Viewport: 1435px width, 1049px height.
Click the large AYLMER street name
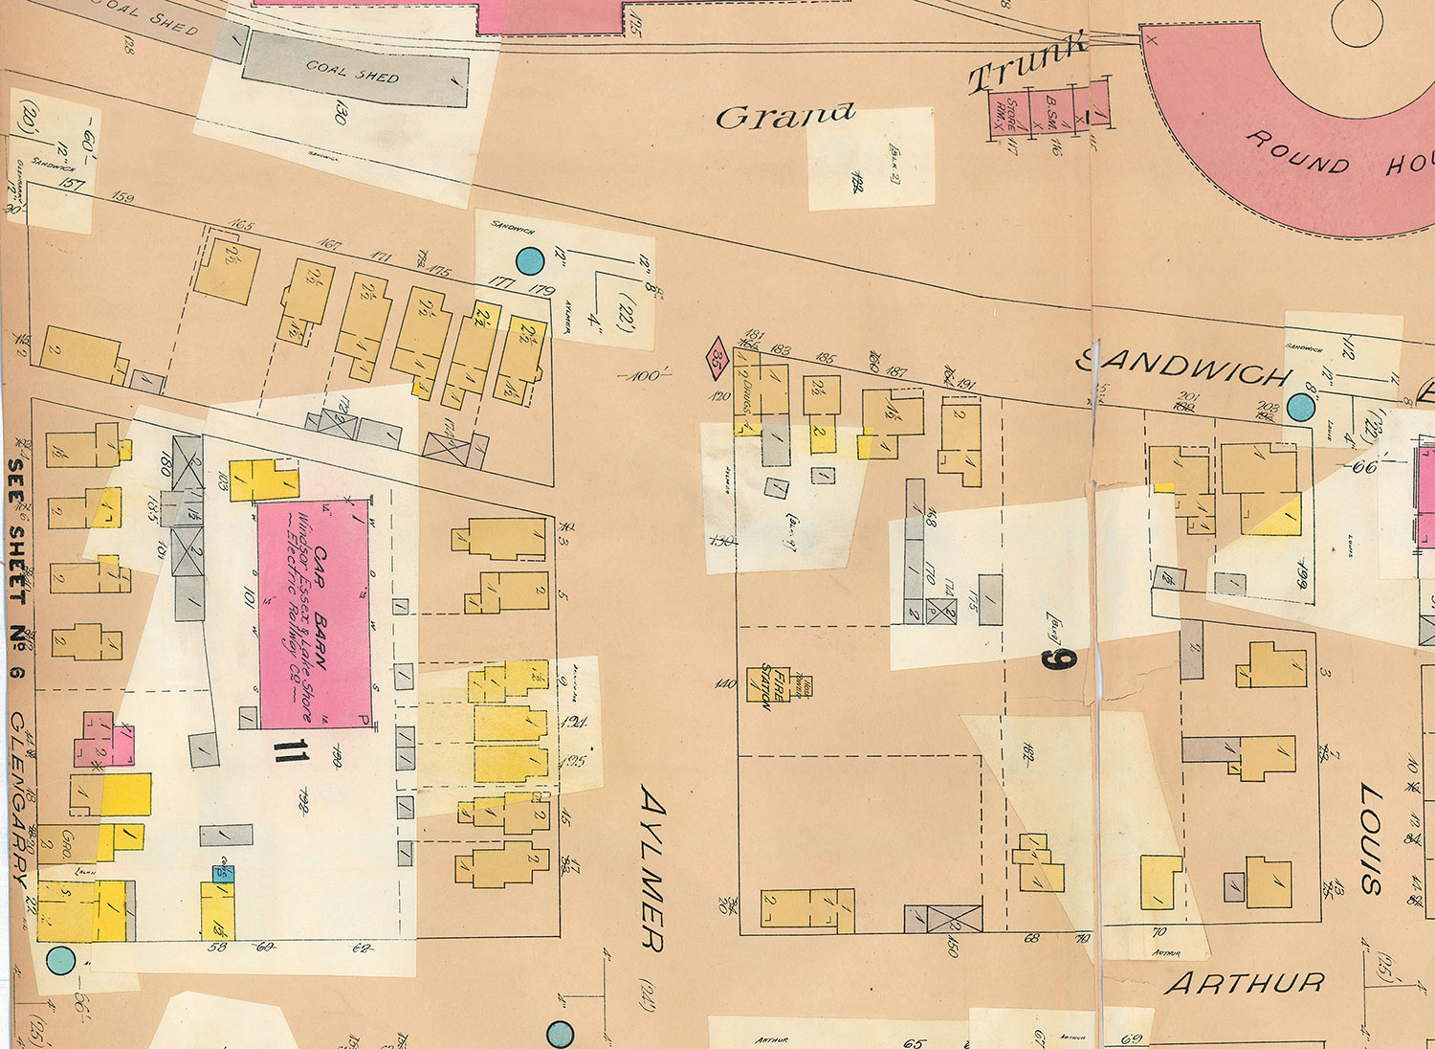coord(651,869)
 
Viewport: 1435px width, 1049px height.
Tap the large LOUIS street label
coord(1370,839)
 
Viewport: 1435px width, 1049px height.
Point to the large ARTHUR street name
coord(1246,983)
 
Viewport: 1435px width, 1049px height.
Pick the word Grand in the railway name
coord(784,116)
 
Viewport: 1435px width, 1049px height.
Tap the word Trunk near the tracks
coord(1027,63)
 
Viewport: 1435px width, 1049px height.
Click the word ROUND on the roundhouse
coord(1297,151)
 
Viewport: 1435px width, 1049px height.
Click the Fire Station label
coord(766,685)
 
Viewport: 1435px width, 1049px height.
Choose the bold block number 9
coord(1061,658)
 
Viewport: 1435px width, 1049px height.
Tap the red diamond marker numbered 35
coord(717,359)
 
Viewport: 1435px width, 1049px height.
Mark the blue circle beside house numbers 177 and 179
coord(529,259)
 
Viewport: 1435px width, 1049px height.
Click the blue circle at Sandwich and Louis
coord(1300,407)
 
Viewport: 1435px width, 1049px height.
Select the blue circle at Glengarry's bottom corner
coord(60,959)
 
